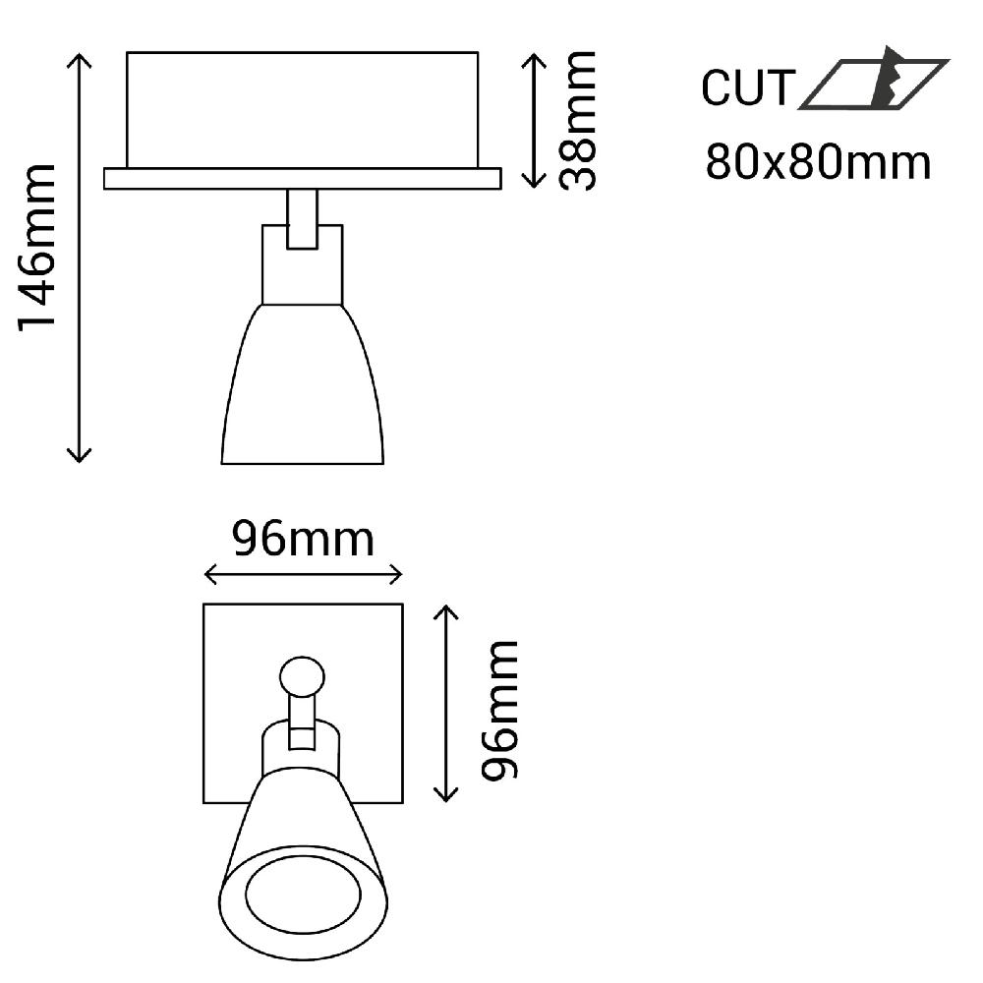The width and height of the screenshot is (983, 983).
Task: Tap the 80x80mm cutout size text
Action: pos(818,162)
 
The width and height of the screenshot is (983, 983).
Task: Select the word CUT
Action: pos(746,88)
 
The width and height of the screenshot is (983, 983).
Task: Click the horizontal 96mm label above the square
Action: pos(302,539)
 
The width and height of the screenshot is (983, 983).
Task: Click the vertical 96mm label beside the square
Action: pos(499,710)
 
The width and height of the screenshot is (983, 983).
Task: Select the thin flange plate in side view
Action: pos(302,178)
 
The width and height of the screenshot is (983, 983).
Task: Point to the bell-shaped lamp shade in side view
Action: pos(302,393)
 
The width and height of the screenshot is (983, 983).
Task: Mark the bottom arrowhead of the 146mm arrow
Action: pos(80,456)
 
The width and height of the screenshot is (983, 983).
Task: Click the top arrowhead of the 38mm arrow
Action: pos(533,57)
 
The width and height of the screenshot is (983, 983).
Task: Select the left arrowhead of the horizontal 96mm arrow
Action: pos(209,574)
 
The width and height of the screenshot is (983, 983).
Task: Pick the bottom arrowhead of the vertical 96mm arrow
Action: pos(447,794)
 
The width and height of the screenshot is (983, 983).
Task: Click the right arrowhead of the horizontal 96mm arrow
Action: pos(397,574)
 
